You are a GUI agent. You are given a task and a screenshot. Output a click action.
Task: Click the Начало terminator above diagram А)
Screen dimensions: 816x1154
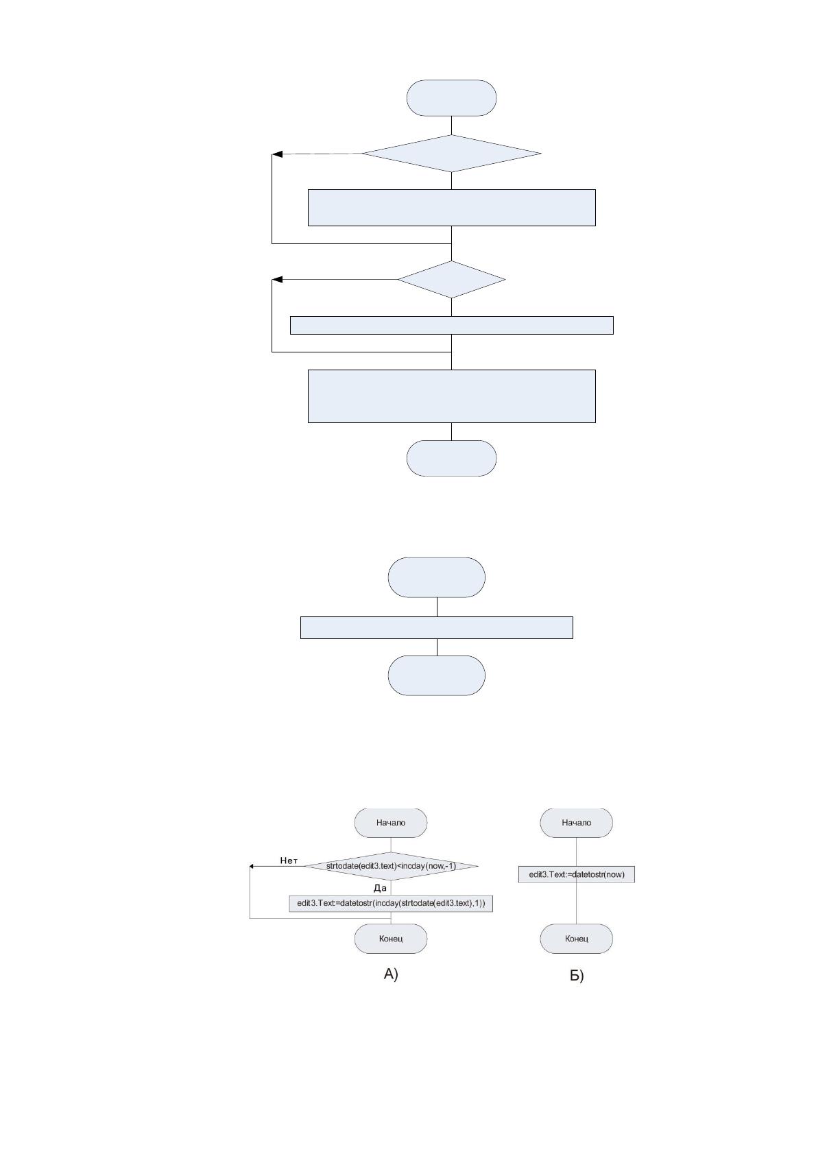click(390, 823)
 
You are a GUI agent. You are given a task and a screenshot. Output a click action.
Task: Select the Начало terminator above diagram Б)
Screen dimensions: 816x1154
click(576, 823)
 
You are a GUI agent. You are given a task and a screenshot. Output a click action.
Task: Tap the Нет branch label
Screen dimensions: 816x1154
click(289, 861)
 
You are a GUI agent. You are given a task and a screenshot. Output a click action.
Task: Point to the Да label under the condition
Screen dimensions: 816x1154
click(380, 888)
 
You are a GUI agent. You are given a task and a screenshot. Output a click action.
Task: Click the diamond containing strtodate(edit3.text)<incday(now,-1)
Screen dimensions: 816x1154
click(391, 866)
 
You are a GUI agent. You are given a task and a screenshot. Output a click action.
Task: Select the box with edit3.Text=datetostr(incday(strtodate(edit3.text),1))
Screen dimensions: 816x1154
click(390, 903)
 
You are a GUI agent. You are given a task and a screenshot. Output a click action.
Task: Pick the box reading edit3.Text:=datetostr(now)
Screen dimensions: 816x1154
click(577, 874)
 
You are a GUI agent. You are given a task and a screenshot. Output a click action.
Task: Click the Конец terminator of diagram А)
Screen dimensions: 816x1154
click(390, 939)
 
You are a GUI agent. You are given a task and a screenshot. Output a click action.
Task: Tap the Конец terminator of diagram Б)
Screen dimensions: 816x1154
click(576, 939)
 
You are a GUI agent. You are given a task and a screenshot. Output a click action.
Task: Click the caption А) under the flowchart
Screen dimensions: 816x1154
click(391, 974)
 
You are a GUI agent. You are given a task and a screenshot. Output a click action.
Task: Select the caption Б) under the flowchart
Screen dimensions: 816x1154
click(577, 976)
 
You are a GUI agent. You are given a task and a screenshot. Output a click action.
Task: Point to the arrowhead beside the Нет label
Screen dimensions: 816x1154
click(252, 867)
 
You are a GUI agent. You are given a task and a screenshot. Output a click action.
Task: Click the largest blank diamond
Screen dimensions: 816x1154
click(451, 154)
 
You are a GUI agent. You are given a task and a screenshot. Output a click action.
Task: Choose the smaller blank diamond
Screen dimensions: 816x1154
click(451, 280)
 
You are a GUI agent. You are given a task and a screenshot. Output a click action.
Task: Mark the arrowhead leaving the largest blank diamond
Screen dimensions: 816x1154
click(277, 154)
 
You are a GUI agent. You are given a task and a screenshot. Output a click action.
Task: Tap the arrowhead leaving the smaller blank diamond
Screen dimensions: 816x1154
click(277, 280)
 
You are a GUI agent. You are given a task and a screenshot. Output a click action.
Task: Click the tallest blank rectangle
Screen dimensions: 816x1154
click(452, 396)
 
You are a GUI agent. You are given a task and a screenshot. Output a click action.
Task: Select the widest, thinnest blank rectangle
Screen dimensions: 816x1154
click(452, 325)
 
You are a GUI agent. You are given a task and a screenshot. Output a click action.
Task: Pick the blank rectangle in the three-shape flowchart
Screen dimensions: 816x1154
click(436, 627)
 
